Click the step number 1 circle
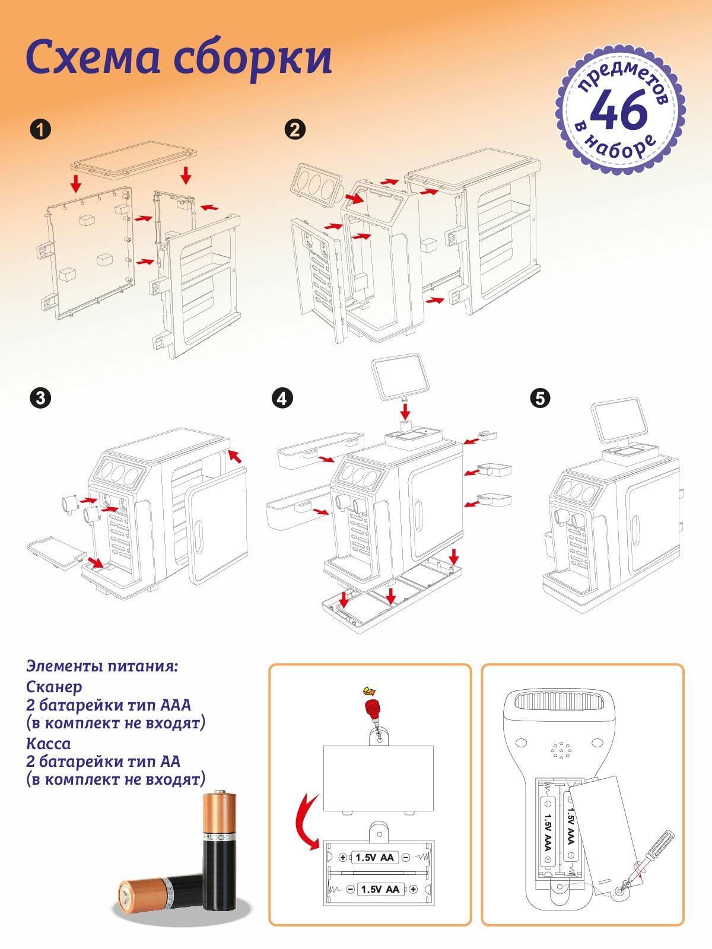[40, 129]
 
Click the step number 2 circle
[295, 129]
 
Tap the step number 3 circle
[40, 397]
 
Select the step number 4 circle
[282, 397]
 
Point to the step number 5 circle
[540, 397]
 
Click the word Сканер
[54, 687]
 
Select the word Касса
[48, 743]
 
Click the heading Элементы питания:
[101, 665]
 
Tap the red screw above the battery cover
[373, 708]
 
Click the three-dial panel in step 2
[314, 186]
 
